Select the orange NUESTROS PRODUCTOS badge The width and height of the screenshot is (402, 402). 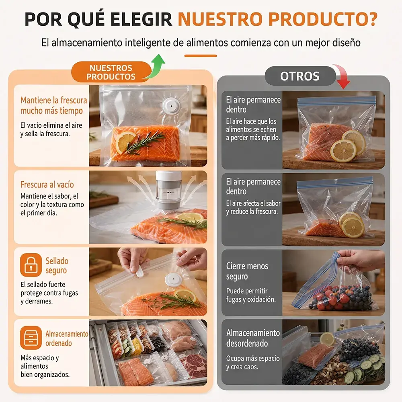(x=111, y=72)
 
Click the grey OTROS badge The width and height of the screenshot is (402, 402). (x=300, y=76)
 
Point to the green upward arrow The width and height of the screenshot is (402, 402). (x=155, y=67)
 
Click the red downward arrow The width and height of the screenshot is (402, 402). (x=342, y=76)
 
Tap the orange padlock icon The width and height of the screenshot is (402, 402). (x=31, y=265)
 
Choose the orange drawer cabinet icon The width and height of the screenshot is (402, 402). (x=31, y=338)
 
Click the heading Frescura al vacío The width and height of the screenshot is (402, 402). (x=47, y=185)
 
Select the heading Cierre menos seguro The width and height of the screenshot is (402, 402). (x=247, y=271)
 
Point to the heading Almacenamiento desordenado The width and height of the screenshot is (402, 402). (x=253, y=338)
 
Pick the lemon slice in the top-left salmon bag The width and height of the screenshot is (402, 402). (x=125, y=142)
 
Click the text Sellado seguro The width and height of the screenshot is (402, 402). (x=57, y=266)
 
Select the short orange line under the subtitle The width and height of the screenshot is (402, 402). (x=201, y=55)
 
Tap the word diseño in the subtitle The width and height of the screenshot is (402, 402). (x=347, y=42)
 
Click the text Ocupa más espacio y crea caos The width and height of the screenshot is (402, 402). (x=253, y=363)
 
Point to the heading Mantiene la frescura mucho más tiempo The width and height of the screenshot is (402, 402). (x=53, y=105)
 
